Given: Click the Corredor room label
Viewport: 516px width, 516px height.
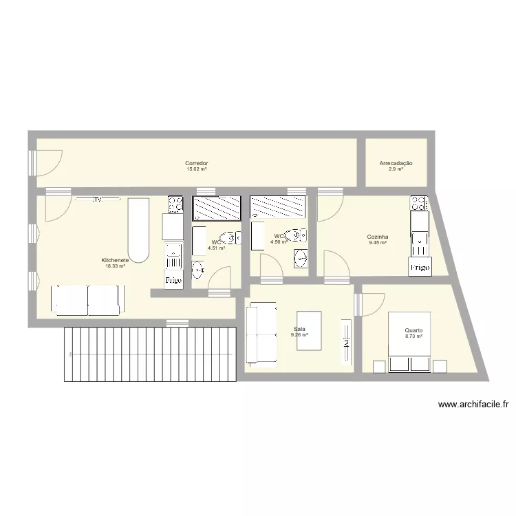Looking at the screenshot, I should pos(196,163).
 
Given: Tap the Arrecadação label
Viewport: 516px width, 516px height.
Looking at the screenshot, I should pos(396,163).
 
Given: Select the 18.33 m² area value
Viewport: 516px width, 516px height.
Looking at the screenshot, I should pos(115,266).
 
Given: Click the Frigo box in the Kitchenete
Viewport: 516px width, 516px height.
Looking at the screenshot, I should pos(172,281).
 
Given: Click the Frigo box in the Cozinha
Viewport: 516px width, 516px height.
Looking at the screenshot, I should pos(420,266).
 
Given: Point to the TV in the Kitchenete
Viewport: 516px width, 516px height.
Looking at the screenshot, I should pos(97,200).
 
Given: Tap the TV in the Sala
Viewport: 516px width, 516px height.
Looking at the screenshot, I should pos(347,342).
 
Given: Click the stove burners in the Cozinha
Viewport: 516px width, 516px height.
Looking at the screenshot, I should pos(418,203).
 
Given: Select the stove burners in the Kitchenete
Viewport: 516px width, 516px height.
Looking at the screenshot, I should pos(175,204).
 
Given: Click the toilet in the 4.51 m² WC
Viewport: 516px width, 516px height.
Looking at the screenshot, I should pos(233,238).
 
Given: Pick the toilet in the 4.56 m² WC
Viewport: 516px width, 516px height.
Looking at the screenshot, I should pos(297,235).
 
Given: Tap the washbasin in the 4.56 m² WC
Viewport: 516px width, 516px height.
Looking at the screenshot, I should pos(300,259).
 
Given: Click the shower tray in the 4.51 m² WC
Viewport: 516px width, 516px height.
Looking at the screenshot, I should pos(217,207).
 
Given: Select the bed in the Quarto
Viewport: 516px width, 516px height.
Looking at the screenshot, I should pos(410,342).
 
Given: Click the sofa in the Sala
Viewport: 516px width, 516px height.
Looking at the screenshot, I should pos(261,335).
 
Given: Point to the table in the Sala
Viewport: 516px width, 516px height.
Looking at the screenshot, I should pos(309,331).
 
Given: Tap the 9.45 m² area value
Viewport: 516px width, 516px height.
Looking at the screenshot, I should pos(377,242).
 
